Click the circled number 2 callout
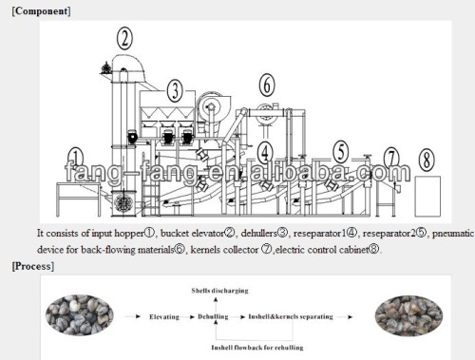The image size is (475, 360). tap(125, 38)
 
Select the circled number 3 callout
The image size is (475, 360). tap(175, 92)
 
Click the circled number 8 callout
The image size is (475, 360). tap(427, 157)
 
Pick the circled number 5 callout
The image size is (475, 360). tap(340, 150)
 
